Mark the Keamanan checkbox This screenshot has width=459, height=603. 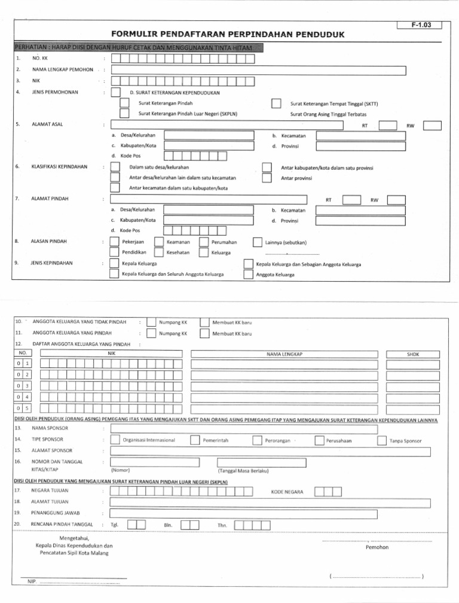pyautogui.click(x=158, y=242)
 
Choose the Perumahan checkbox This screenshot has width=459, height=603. pyautogui.click(x=203, y=242)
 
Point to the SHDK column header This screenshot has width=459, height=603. pyautogui.click(x=412, y=355)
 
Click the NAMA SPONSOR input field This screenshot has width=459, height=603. pyautogui.click(x=244, y=428)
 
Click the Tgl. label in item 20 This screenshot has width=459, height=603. pyautogui.click(x=114, y=525)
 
